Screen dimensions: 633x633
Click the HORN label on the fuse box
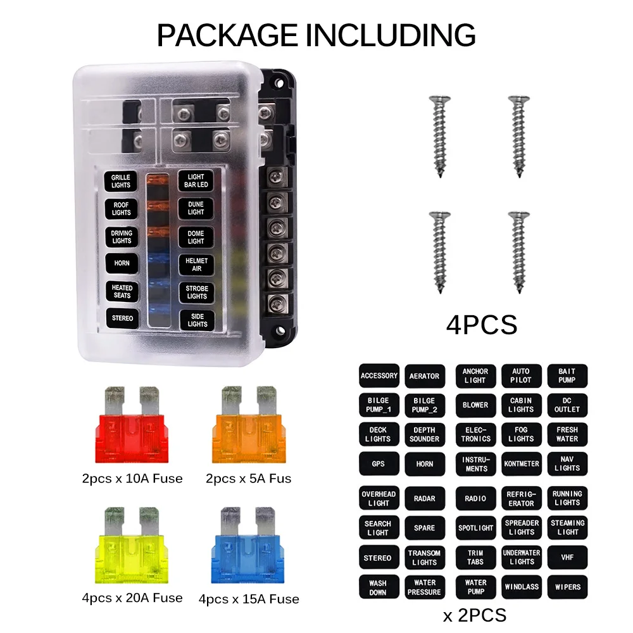click(122, 263)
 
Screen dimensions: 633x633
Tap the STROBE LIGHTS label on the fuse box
click(197, 292)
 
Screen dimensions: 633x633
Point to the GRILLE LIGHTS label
click(121, 181)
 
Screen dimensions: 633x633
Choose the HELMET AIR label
click(197, 265)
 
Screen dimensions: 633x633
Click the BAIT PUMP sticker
click(567, 376)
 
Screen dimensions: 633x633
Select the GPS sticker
click(379, 464)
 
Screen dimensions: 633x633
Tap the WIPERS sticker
click(567, 587)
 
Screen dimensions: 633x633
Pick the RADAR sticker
click(424, 498)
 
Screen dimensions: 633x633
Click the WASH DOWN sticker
click(378, 587)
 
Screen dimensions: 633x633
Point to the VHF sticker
click(567, 558)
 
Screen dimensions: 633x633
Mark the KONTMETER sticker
click(522, 464)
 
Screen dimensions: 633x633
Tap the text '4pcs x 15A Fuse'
click(249, 599)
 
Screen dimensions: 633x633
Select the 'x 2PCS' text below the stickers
click(474, 615)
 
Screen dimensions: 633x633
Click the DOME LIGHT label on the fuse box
click(196, 237)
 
